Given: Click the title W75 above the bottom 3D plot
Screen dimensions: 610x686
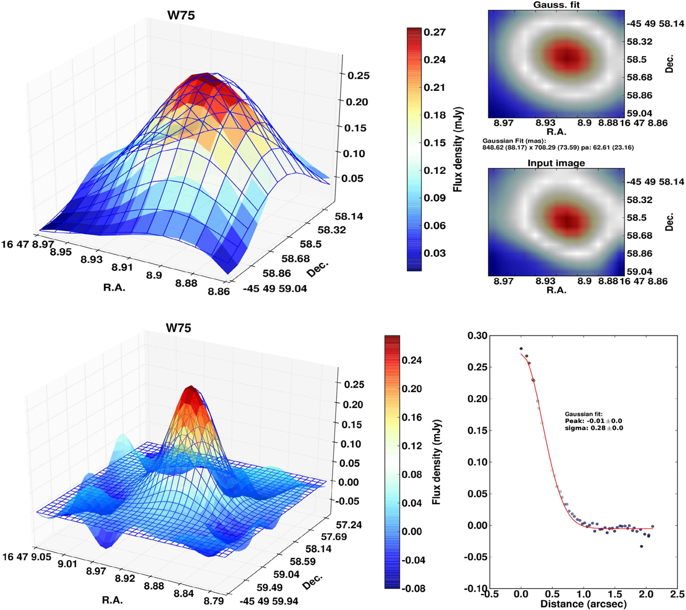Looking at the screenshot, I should [178, 328].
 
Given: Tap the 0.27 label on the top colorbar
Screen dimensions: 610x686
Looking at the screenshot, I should [434, 33].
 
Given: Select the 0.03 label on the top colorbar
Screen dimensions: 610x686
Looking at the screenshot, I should [434, 253].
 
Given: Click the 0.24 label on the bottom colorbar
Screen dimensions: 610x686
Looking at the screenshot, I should [410, 361].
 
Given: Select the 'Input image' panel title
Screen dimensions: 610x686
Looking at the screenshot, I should [556, 163].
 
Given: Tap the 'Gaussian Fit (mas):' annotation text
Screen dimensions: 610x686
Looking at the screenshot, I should [514, 141].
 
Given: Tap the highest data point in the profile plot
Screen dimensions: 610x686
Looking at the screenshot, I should [521, 349].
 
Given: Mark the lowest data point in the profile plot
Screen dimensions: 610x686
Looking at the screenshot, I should [641, 546].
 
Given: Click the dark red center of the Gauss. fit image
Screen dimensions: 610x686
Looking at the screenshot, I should [565, 57].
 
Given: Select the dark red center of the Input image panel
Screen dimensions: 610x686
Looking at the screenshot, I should [565, 218].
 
